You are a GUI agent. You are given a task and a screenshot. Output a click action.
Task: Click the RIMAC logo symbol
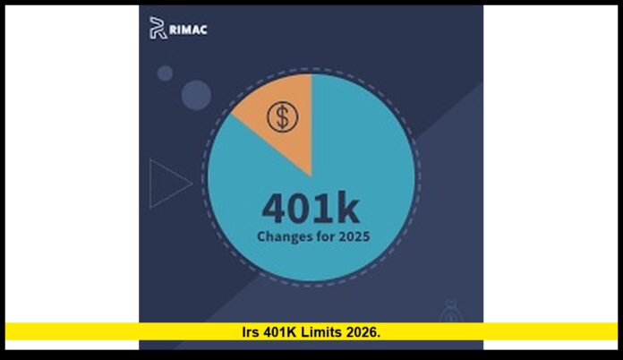point(157,29)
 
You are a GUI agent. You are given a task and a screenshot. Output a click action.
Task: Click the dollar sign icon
point(283,116)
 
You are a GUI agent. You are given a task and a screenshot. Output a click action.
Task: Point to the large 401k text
point(311,209)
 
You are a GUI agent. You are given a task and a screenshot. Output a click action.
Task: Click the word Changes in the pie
point(286,238)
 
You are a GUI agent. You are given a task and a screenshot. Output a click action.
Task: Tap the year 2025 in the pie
point(352,238)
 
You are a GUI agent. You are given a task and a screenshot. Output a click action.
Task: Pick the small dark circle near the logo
point(165,73)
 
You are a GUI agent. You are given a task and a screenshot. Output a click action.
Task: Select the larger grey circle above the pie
point(196,94)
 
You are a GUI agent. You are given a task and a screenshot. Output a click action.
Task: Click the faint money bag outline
point(451,313)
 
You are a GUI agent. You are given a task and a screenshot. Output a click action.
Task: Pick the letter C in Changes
point(261,238)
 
